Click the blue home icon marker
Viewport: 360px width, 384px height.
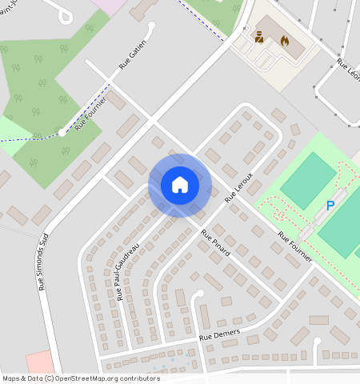tap(180, 185)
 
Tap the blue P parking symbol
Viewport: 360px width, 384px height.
tap(330, 206)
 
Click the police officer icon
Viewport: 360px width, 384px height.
tap(259, 37)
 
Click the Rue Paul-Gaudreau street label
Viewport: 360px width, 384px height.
tap(128, 271)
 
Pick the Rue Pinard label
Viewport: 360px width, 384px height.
tap(215, 242)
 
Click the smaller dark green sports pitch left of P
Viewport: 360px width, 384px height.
tap(308, 181)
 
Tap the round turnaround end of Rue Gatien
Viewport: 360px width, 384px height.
tap(150, 26)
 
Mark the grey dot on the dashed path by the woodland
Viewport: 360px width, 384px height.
tap(62, 134)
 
